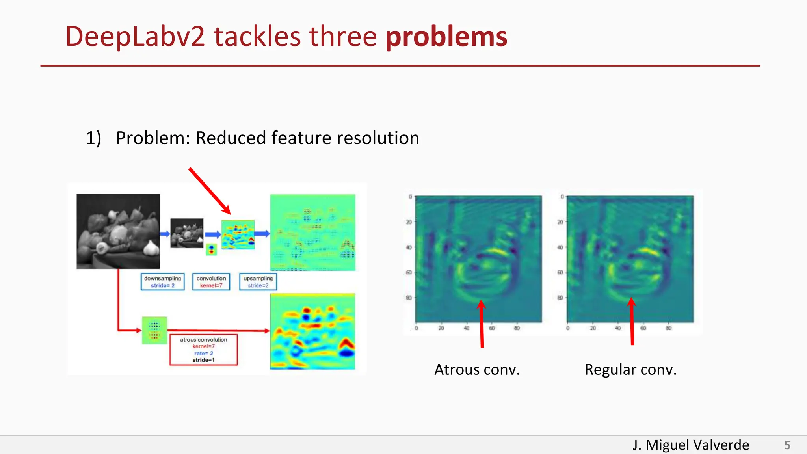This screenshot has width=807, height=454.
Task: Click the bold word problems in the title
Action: pyautogui.click(x=446, y=37)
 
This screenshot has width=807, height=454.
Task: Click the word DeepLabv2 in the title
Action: pyautogui.click(x=135, y=37)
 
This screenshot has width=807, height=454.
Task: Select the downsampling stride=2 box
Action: pyautogui.click(x=162, y=282)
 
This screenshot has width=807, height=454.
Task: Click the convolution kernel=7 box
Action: pyautogui.click(x=211, y=282)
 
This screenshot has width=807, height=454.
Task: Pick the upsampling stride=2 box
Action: pyautogui.click(x=258, y=282)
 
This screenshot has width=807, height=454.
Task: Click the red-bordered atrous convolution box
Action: pyautogui.click(x=203, y=350)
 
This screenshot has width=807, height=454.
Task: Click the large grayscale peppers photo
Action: pyautogui.click(x=118, y=231)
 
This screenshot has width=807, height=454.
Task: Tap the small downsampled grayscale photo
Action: pyautogui.click(x=187, y=233)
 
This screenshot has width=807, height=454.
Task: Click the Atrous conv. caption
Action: pyautogui.click(x=477, y=370)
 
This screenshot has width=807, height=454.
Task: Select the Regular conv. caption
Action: pyautogui.click(x=630, y=370)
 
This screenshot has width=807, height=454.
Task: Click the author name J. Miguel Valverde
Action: pyautogui.click(x=690, y=445)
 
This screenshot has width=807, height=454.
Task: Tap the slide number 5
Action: pyautogui.click(x=787, y=445)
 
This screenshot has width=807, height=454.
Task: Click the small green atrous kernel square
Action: pyautogui.click(x=154, y=330)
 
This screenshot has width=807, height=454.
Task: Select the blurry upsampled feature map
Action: pyautogui.click(x=312, y=232)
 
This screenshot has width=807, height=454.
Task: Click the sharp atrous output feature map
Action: pyautogui.click(x=312, y=331)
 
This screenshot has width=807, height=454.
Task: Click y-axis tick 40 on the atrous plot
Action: pyautogui.click(x=409, y=247)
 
